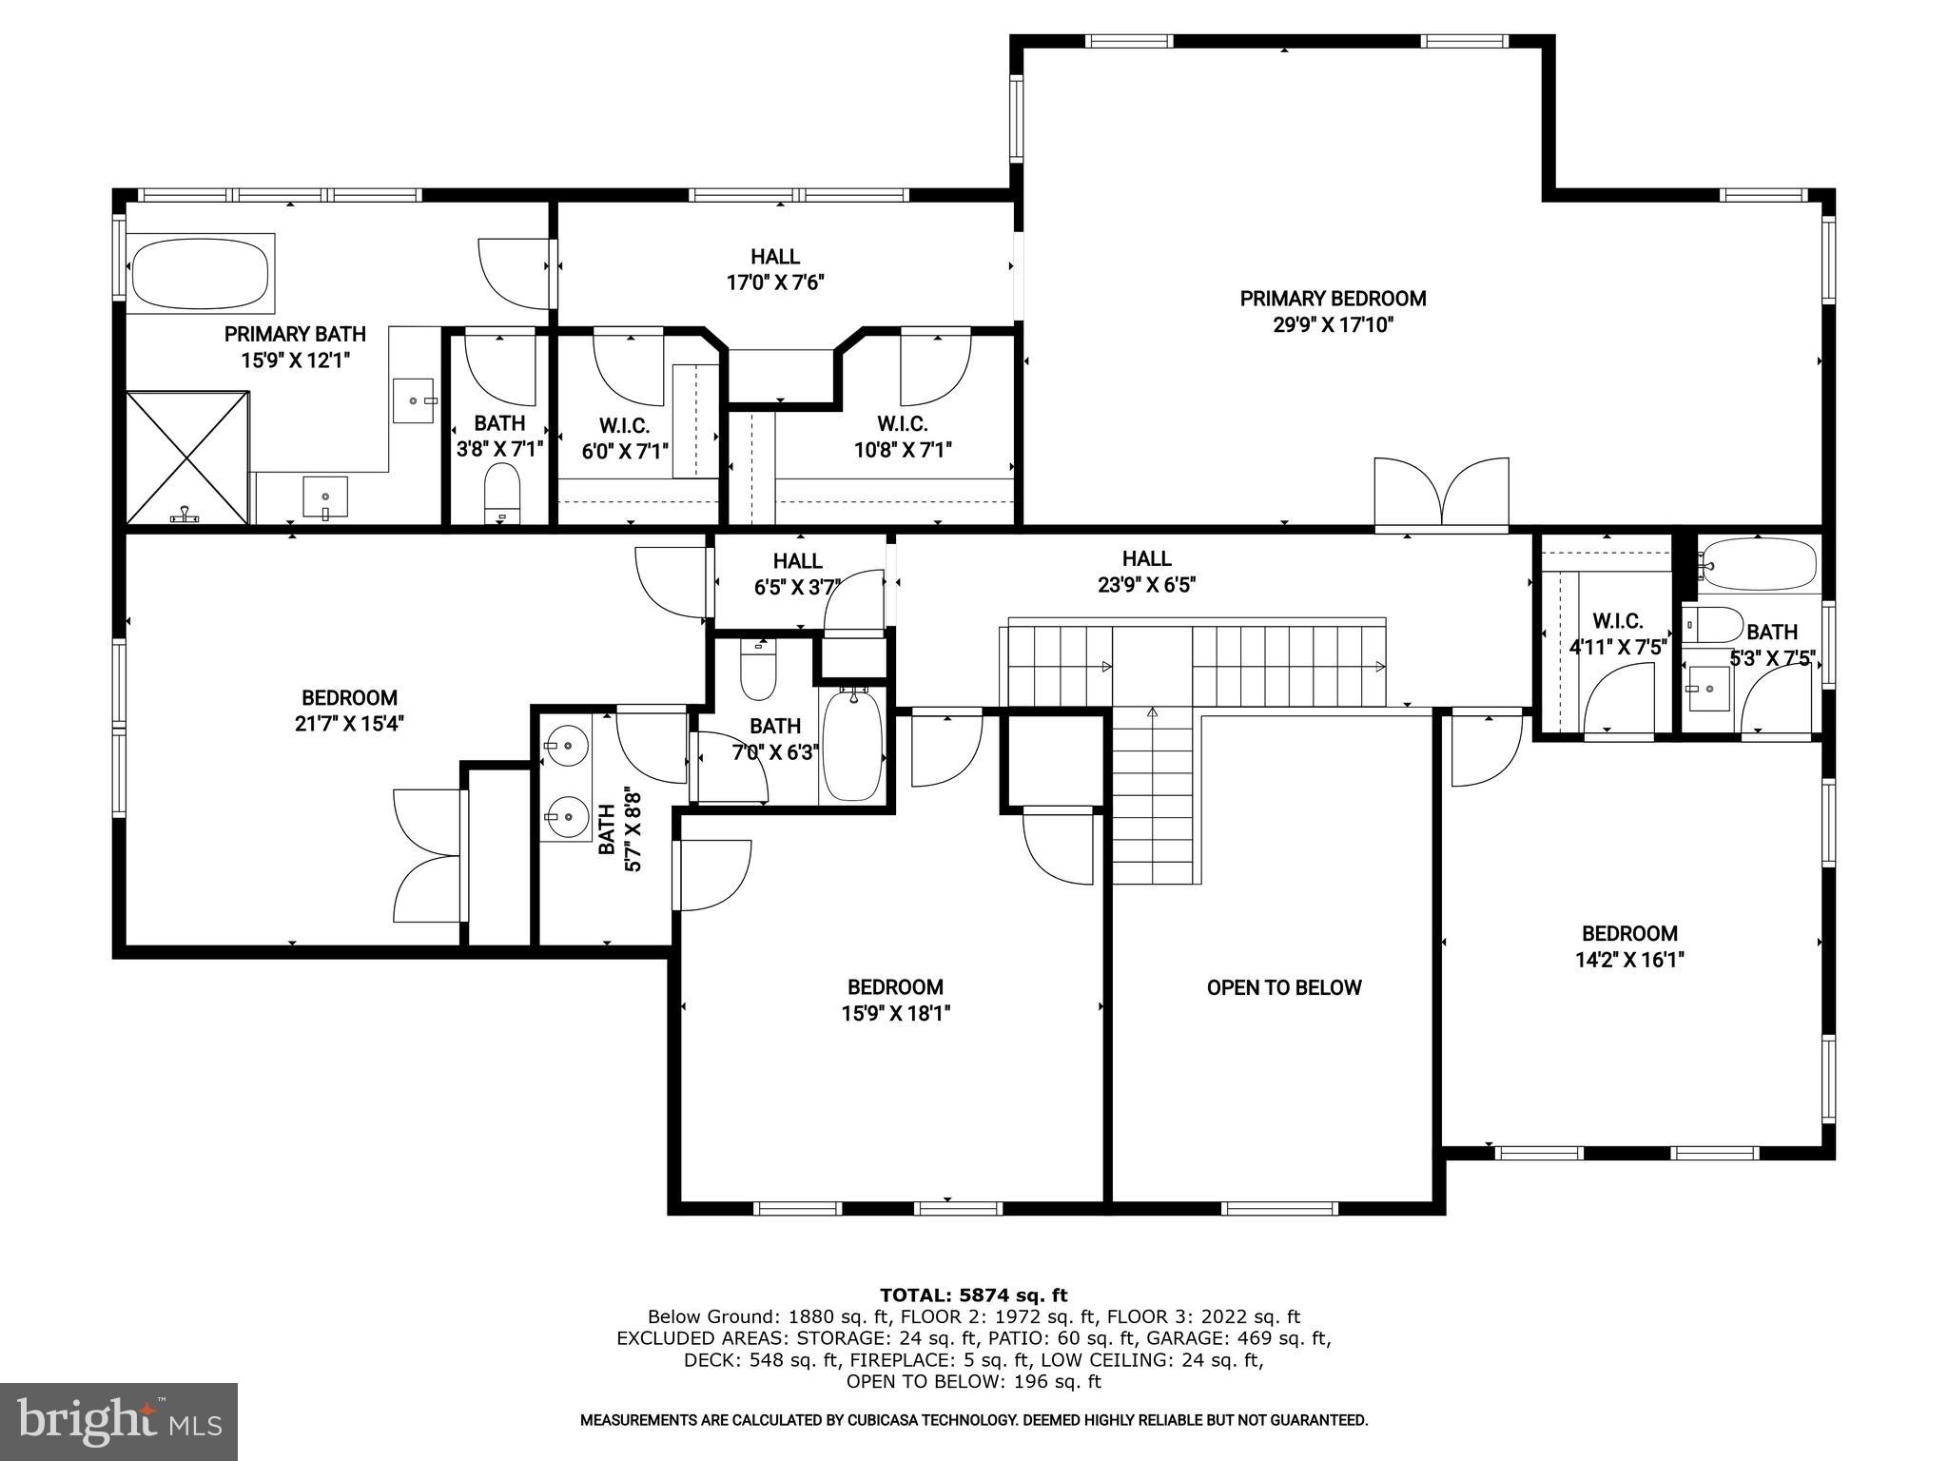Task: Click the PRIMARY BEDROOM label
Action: [1333, 299]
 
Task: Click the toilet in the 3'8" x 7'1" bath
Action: [501, 492]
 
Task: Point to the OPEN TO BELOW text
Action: [1283, 987]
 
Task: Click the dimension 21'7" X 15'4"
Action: [349, 724]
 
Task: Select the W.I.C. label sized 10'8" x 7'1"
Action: [902, 424]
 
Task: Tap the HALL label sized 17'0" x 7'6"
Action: [774, 257]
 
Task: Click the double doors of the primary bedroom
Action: [1441, 492]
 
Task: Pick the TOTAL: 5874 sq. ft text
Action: [973, 1295]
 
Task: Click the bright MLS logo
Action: [119, 1421]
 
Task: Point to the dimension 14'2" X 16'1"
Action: [1629, 960]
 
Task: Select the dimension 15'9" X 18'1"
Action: [895, 1014]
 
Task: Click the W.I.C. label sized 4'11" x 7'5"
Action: [1617, 621]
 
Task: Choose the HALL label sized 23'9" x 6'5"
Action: [1146, 558]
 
